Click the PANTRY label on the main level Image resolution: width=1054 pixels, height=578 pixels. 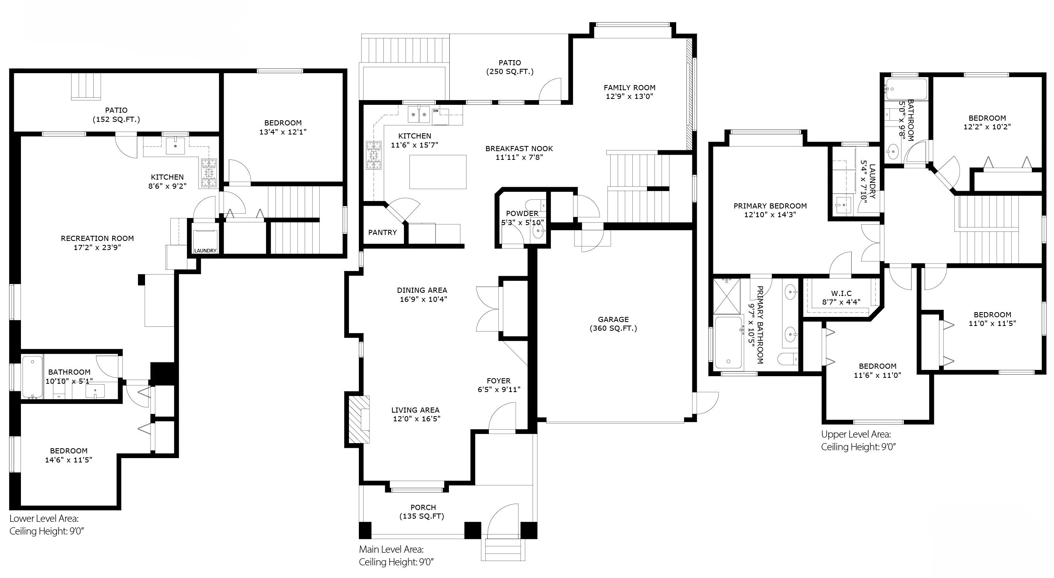[x=382, y=232]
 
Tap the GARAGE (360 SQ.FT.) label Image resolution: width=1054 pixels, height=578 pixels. [x=613, y=324]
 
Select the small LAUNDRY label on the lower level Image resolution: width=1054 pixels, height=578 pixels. [x=205, y=251]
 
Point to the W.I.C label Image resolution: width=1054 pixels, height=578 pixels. [x=841, y=293]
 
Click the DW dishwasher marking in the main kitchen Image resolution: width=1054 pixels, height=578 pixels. [x=436, y=111]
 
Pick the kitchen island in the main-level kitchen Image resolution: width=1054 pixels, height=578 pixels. [x=438, y=172]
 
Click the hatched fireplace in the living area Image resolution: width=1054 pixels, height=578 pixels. [x=359, y=419]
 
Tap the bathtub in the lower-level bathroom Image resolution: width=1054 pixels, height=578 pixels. [x=32, y=377]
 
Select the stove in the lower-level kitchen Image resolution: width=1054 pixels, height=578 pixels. [x=209, y=173]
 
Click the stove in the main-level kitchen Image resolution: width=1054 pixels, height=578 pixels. [x=374, y=155]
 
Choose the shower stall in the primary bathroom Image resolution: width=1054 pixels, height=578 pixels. [x=727, y=296]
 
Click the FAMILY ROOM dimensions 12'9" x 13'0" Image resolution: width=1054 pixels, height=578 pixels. [x=629, y=96]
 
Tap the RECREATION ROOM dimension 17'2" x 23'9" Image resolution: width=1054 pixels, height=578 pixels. [x=97, y=247]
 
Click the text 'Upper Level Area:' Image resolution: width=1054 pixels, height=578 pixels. [x=856, y=434]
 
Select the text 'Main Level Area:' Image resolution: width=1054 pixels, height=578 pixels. [x=391, y=550]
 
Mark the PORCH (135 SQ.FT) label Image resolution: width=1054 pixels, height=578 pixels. [x=422, y=512]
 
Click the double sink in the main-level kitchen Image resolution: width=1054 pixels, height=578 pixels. [x=419, y=114]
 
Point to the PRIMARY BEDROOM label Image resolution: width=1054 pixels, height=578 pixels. [x=770, y=206]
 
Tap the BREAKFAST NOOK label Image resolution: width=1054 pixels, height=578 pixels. [x=519, y=148]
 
